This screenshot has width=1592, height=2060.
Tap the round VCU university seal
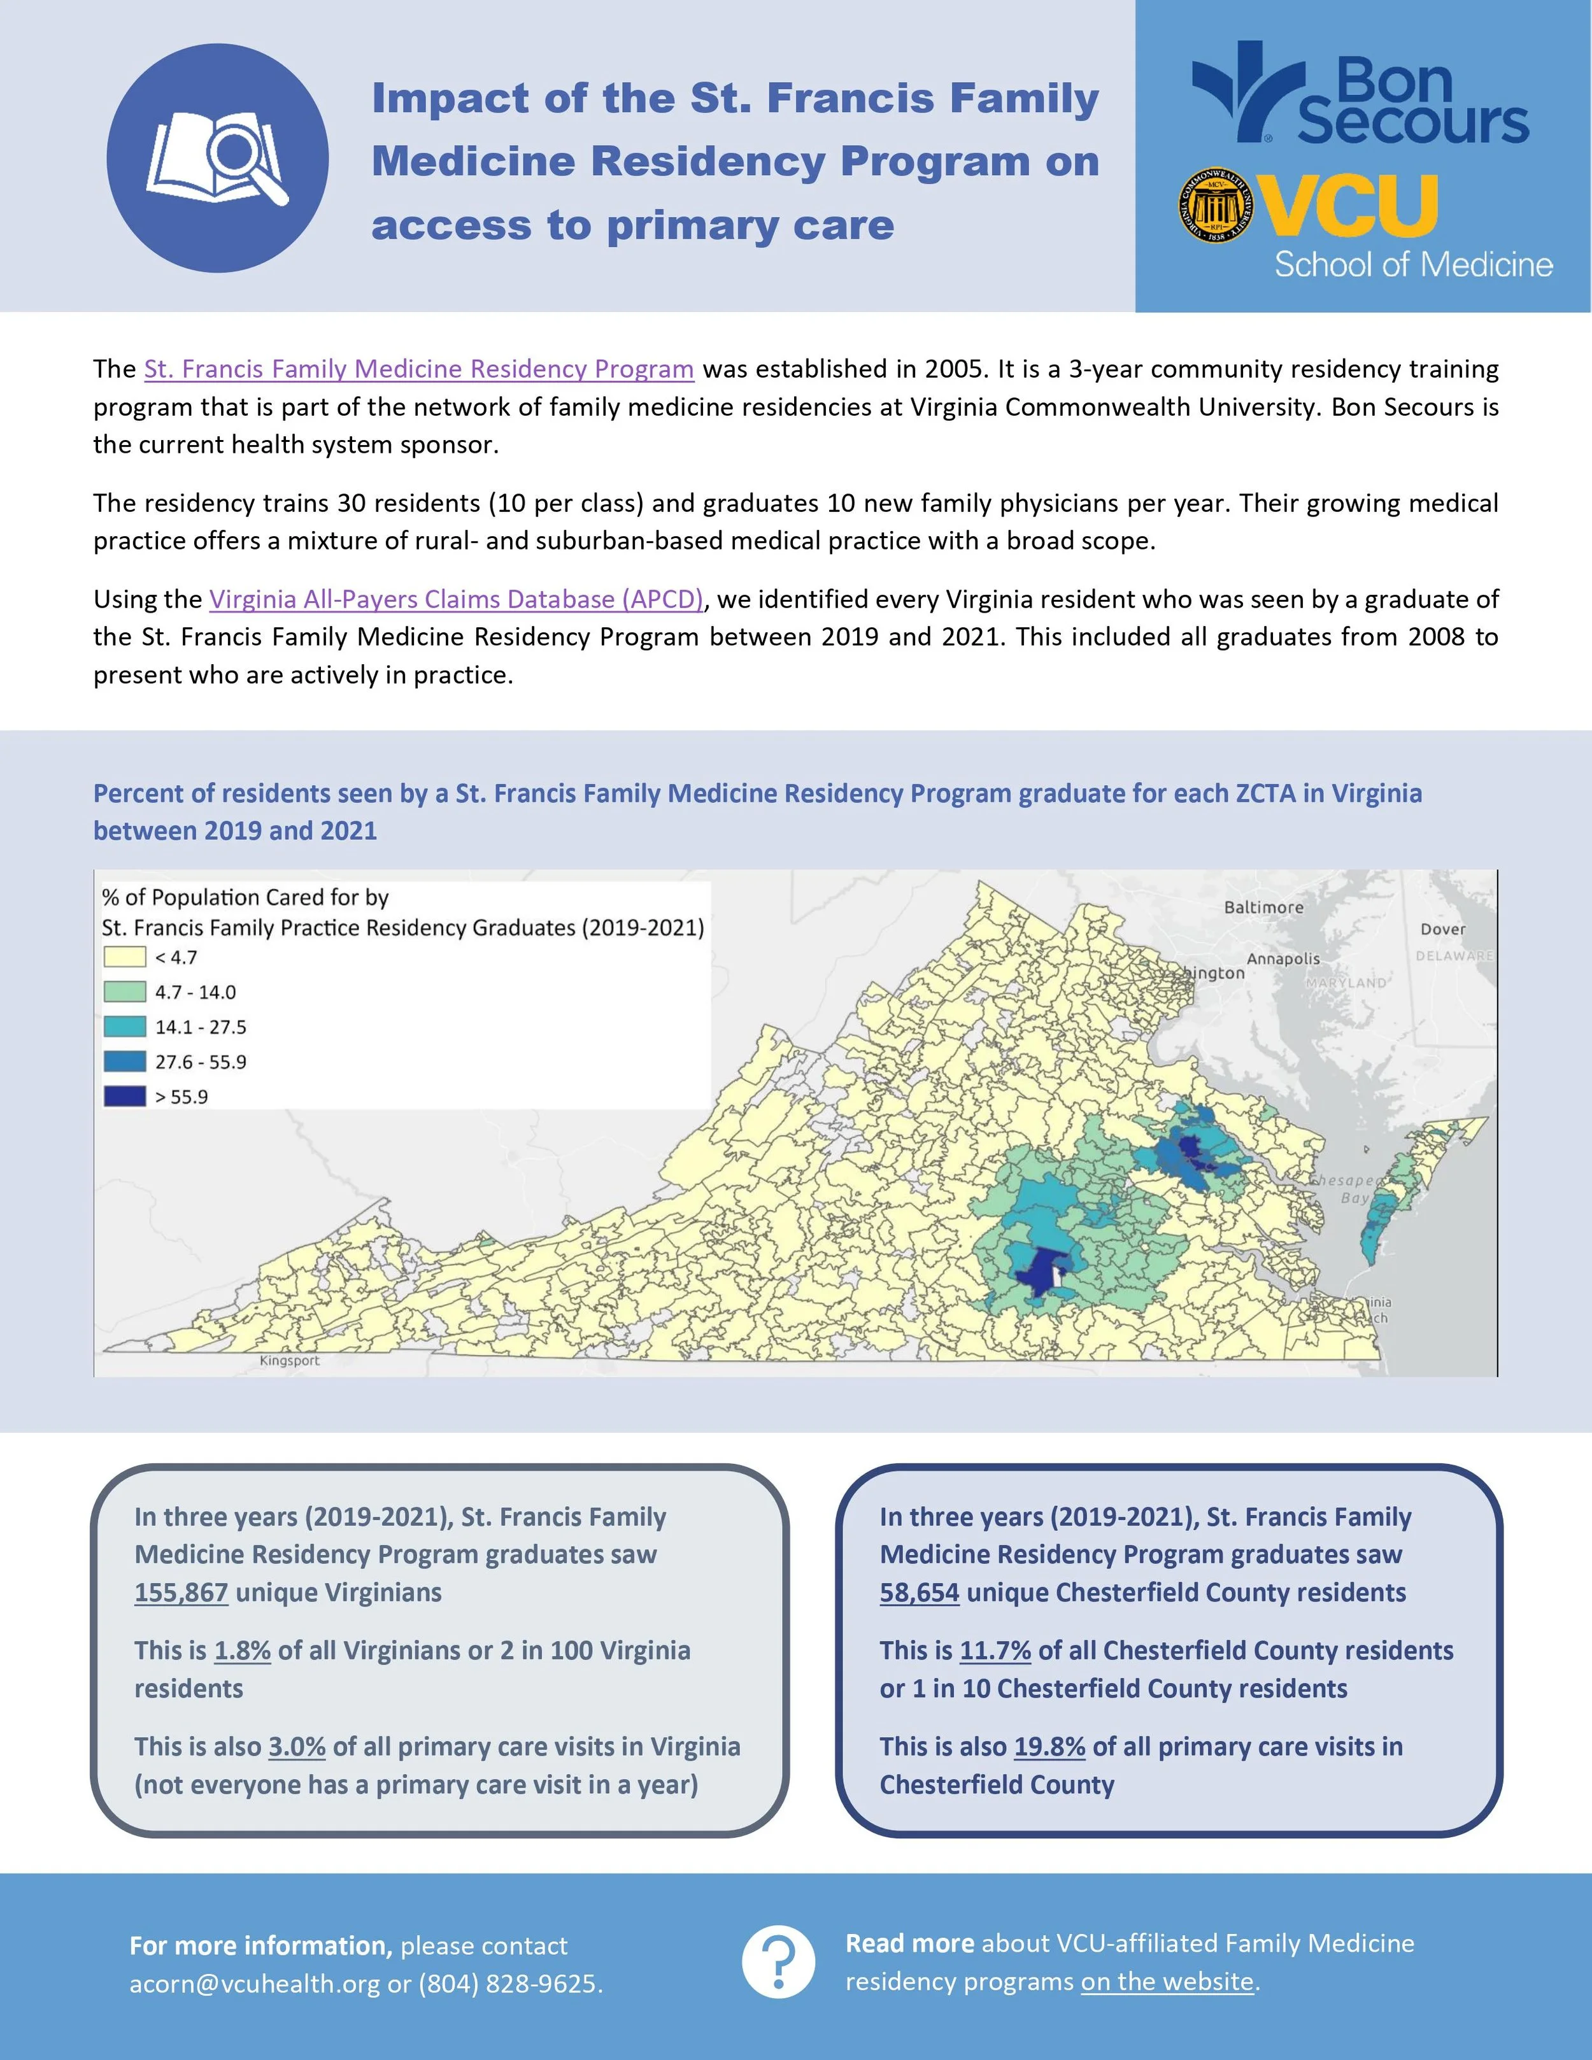(1218, 206)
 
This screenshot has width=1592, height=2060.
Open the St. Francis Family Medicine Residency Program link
(419, 369)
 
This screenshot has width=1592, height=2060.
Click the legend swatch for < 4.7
(124, 957)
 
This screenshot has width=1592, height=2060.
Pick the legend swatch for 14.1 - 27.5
(124, 1027)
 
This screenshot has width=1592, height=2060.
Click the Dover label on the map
(1443, 929)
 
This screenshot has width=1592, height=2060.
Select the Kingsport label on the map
(290, 1361)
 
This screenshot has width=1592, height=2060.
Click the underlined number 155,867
(181, 1592)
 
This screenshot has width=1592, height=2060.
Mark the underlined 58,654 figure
(920, 1592)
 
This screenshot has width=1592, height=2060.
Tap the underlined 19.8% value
(1049, 1747)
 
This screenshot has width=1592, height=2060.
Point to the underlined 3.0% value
(297, 1747)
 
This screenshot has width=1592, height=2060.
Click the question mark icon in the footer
(778, 1963)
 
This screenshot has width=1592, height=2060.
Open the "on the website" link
(1168, 1982)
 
